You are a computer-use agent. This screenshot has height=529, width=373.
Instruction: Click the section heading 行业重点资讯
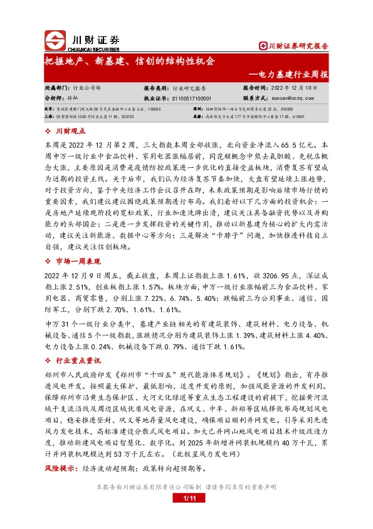click(x=78, y=361)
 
